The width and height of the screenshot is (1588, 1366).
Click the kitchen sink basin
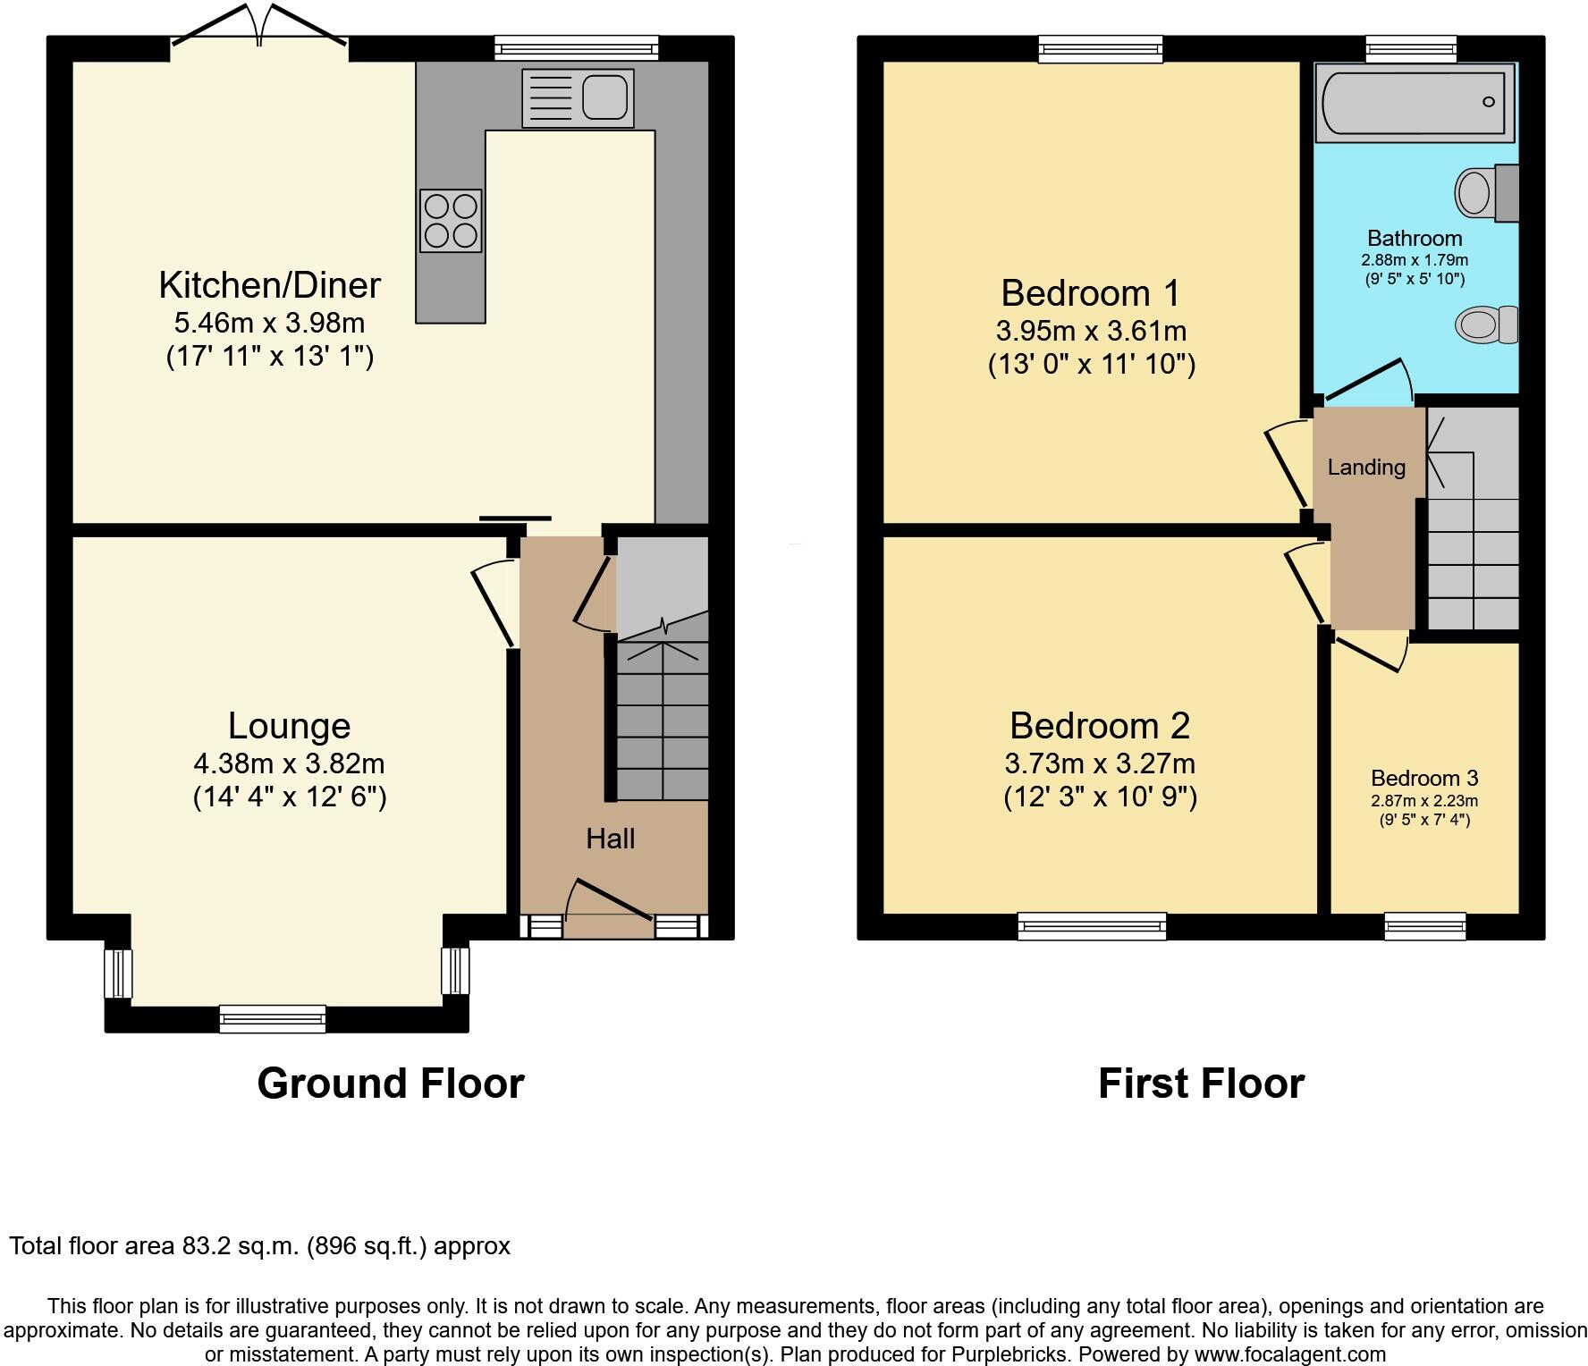click(x=604, y=97)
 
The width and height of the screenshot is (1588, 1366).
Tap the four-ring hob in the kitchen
click(x=451, y=220)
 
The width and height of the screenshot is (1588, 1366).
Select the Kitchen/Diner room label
click(x=269, y=285)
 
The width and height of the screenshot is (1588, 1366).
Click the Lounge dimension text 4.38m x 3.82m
click(x=289, y=763)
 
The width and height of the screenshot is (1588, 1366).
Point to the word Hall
click(x=610, y=839)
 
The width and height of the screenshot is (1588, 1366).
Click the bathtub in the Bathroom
click(x=1414, y=102)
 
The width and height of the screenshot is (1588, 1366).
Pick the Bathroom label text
click(x=1415, y=239)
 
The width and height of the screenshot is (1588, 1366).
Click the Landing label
click(x=1365, y=468)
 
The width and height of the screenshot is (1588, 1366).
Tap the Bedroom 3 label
click(x=1423, y=778)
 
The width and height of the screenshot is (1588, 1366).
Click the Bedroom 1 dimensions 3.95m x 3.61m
click(x=1091, y=331)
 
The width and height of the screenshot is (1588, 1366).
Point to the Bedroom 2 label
click(x=1099, y=726)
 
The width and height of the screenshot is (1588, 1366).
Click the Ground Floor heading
click(x=390, y=1084)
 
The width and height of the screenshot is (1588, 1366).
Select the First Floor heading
click(x=1200, y=1084)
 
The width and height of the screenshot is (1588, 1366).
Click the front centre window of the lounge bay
click(x=273, y=1018)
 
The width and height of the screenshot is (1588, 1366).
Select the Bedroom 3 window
click(x=1424, y=926)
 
